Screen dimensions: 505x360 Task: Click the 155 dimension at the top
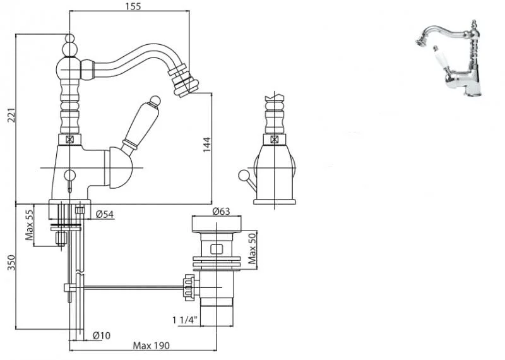pos(134,6)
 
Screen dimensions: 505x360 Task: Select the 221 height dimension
pos(12,115)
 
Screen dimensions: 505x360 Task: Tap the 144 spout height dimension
pos(207,145)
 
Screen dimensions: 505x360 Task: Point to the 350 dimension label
pos(11,262)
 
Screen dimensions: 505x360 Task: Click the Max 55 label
pos(29,225)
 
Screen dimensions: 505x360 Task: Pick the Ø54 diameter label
pos(105,214)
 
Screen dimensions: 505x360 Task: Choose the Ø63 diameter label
pos(222,212)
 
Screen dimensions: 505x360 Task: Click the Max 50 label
pos(252,248)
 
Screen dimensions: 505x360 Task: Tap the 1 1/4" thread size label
pos(184,320)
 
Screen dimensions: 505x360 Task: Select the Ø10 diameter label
pos(102,335)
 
